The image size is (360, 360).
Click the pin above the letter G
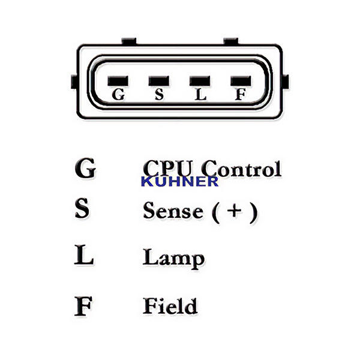tap(118, 80)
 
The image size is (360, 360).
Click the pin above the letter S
tap(159, 80)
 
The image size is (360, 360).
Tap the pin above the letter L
tap(199, 80)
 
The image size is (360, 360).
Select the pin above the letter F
tap(240, 80)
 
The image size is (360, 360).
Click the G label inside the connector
tap(118, 95)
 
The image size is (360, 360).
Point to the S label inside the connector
tap(159, 95)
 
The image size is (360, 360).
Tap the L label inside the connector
tap(200, 95)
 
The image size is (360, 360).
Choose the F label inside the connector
tap(240, 95)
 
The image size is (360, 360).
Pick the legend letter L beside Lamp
tap(84, 257)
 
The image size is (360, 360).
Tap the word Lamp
tap(173, 258)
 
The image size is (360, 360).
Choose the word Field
tap(170, 305)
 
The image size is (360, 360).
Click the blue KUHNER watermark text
tap(179, 182)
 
